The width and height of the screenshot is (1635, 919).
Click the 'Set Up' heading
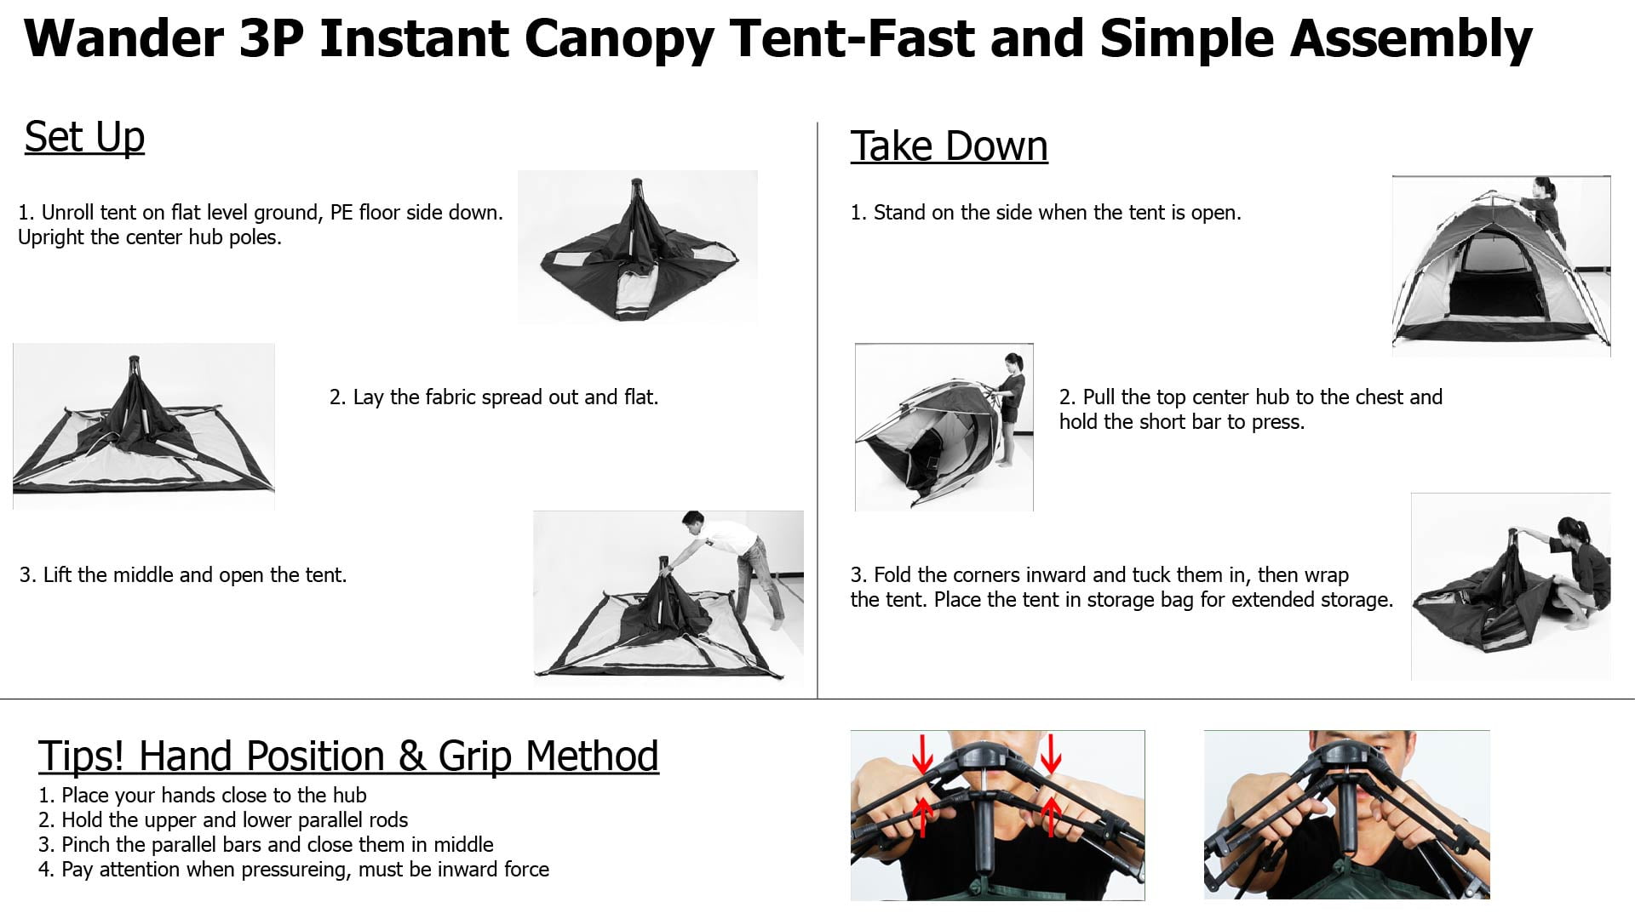click(x=84, y=137)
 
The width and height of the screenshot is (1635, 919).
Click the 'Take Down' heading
click(x=949, y=146)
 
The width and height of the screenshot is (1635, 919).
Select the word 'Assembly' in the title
click(x=1411, y=40)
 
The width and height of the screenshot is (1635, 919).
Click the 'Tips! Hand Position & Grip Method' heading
click(x=348, y=756)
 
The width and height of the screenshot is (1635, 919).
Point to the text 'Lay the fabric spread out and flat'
click(x=504, y=397)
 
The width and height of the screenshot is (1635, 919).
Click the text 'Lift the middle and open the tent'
click(x=193, y=574)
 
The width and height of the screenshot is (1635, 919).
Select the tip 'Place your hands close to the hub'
click(x=214, y=795)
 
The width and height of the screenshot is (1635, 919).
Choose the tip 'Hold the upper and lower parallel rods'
click(x=234, y=819)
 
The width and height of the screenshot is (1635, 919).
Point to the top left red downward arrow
click(x=922, y=752)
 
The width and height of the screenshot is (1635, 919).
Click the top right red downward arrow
click(x=1051, y=752)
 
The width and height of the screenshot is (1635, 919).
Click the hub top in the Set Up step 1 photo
click(x=638, y=182)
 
